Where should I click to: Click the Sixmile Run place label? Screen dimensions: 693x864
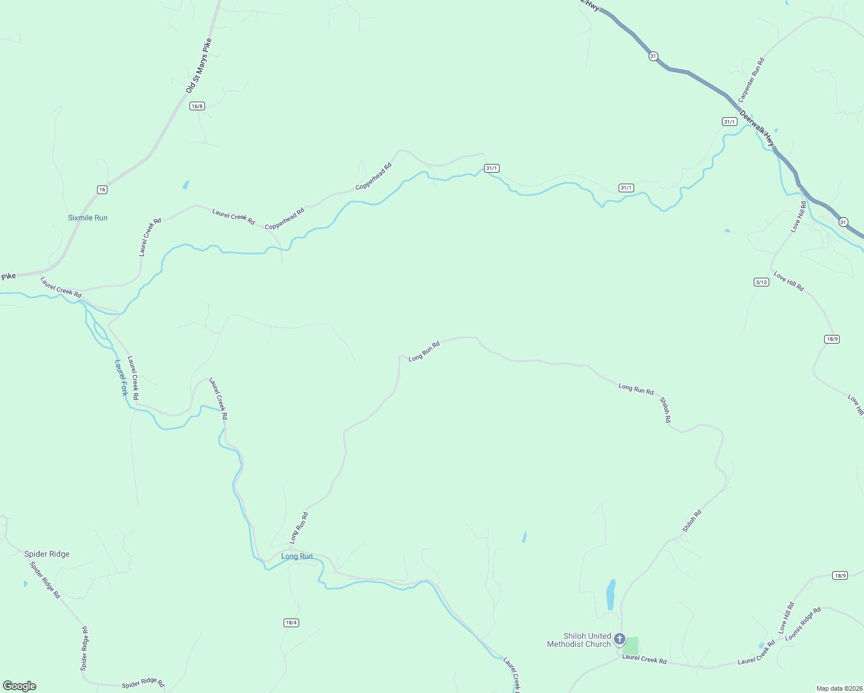(88, 218)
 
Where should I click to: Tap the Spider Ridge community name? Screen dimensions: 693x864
(47, 554)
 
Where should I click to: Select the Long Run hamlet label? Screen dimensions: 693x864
(297, 556)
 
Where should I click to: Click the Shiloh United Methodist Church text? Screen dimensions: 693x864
(579, 640)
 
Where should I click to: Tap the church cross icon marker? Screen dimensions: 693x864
(620, 639)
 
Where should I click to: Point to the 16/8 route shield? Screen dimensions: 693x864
(197, 106)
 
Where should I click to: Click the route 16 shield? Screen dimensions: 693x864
(102, 189)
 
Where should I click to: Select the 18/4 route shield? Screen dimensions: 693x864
(291, 622)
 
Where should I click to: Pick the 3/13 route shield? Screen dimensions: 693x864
(761, 282)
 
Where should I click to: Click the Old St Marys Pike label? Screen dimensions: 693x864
(199, 66)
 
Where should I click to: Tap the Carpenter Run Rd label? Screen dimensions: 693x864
(751, 80)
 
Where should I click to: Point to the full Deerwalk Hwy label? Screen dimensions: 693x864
(757, 129)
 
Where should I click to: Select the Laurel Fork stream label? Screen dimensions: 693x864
(121, 378)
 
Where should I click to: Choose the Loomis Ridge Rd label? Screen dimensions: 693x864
(803, 624)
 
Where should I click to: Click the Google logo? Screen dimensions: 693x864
(20, 686)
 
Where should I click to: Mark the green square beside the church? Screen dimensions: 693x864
(631, 645)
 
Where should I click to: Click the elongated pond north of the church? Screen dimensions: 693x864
(610, 595)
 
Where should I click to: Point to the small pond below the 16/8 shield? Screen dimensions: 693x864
(185, 185)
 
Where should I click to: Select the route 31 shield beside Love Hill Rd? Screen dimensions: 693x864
(843, 222)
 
